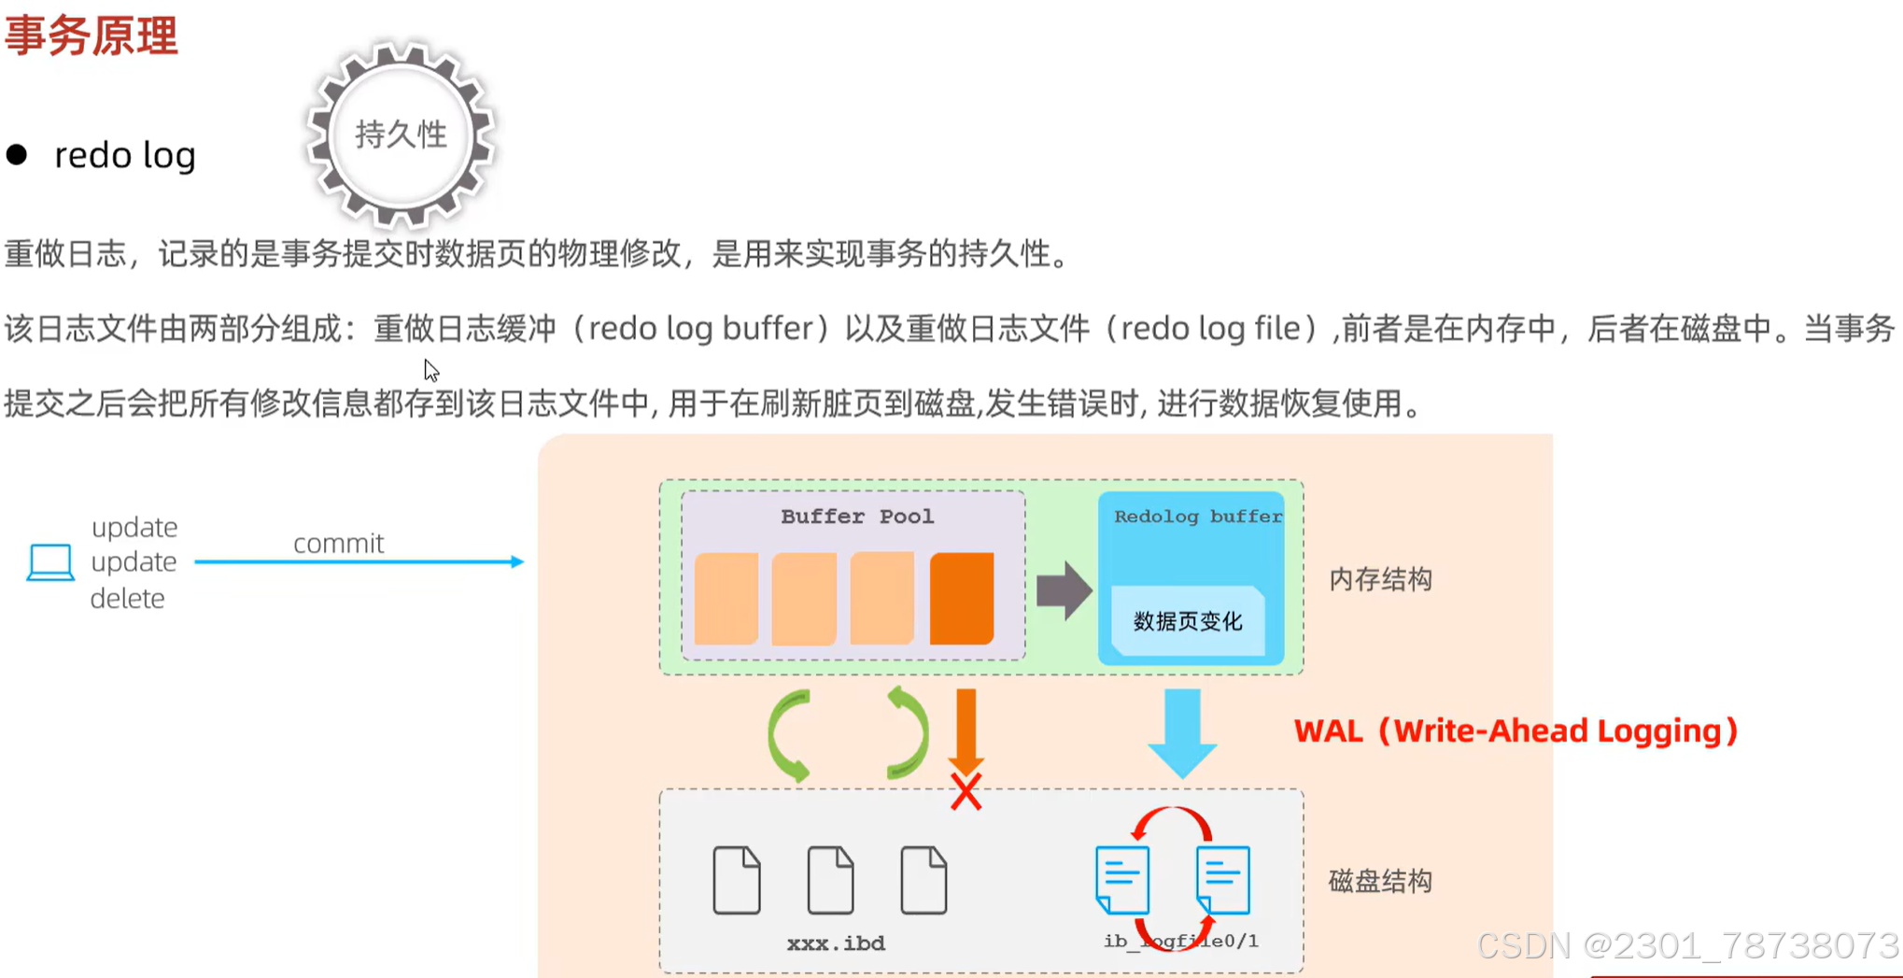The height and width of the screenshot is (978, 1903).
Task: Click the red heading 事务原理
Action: (x=91, y=36)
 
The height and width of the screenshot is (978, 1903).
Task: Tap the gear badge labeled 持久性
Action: (x=402, y=135)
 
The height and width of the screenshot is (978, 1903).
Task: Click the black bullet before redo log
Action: (x=17, y=155)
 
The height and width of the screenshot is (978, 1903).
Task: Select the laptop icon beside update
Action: (x=50, y=562)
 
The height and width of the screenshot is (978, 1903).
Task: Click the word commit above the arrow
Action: (x=338, y=544)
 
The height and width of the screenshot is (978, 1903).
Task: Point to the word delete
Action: (x=127, y=599)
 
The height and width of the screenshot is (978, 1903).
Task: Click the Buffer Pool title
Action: (x=856, y=517)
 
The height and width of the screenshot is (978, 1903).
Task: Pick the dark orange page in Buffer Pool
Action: (x=961, y=598)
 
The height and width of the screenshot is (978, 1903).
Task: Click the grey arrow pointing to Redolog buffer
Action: (x=1064, y=590)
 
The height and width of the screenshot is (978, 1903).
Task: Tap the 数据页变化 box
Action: (x=1187, y=621)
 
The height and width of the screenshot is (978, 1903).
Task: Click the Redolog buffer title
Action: (x=1197, y=517)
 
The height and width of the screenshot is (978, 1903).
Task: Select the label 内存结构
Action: (x=1380, y=580)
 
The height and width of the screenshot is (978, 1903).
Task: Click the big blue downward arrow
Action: (x=1182, y=733)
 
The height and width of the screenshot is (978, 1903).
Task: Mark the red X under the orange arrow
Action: (x=966, y=792)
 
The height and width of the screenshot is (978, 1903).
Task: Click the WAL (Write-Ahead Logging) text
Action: (x=1515, y=730)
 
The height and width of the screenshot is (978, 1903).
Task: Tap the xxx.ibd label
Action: (x=836, y=943)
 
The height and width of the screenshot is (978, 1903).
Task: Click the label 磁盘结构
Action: (x=1380, y=881)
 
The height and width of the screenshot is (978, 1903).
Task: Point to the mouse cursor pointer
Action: (x=430, y=370)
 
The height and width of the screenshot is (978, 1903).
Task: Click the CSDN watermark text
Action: (x=1687, y=946)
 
